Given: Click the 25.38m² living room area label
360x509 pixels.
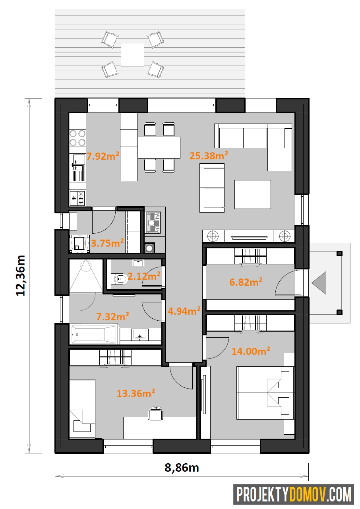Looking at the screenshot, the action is tap(209, 156).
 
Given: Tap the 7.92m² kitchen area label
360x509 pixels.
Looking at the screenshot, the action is tap(103, 156).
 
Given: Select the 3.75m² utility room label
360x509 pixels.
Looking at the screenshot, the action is tap(107, 243).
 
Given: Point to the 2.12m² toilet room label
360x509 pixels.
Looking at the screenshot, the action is tap(144, 276).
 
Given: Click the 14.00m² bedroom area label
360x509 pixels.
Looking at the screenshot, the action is tap(251, 351).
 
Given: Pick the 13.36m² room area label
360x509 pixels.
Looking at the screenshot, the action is tap(135, 393).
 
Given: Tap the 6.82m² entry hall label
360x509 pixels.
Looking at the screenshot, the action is tap(246, 282).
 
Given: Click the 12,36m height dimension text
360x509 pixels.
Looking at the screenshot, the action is tap(20, 275).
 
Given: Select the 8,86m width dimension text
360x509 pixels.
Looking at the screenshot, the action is tap(182, 468).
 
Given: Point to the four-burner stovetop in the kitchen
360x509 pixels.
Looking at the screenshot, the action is tap(77, 138).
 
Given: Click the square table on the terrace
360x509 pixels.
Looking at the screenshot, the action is tap(132, 54).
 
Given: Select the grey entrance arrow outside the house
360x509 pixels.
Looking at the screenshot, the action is tap(319, 283).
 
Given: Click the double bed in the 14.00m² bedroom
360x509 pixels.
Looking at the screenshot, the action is tap(265, 393).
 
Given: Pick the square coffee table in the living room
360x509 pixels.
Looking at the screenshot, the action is tap(252, 194).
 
